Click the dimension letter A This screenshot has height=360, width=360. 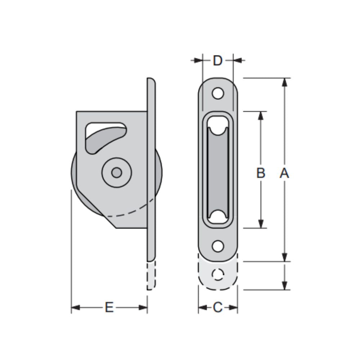click(x=284, y=173)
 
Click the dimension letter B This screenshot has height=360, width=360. click(x=261, y=173)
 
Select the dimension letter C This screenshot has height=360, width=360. click(x=217, y=308)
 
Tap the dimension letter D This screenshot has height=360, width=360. click(x=217, y=61)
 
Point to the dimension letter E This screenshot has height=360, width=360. click(x=109, y=308)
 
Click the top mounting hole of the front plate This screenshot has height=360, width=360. click(x=217, y=93)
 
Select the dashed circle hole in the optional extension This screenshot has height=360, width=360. click(x=217, y=275)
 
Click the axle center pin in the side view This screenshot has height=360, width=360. click(x=116, y=173)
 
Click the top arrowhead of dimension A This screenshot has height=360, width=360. click(x=284, y=82)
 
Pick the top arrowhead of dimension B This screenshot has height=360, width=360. click(x=261, y=116)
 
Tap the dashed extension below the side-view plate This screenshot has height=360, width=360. click(x=151, y=275)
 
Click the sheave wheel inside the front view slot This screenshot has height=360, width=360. click(x=217, y=173)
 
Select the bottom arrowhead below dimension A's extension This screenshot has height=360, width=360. click(x=284, y=285)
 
